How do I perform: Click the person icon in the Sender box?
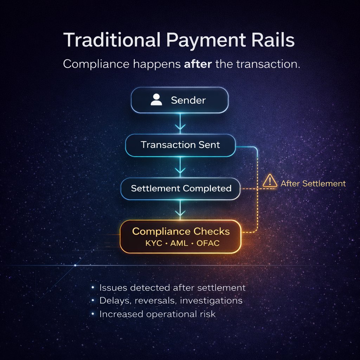click(156, 100)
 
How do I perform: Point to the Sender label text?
click(188, 100)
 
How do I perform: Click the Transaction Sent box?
click(180, 145)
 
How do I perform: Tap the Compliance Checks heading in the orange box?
click(181, 232)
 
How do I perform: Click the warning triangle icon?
click(270, 181)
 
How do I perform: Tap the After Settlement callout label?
click(313, 183)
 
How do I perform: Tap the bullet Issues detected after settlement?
click(172, 288)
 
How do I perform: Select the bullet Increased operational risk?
click(157, 314)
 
